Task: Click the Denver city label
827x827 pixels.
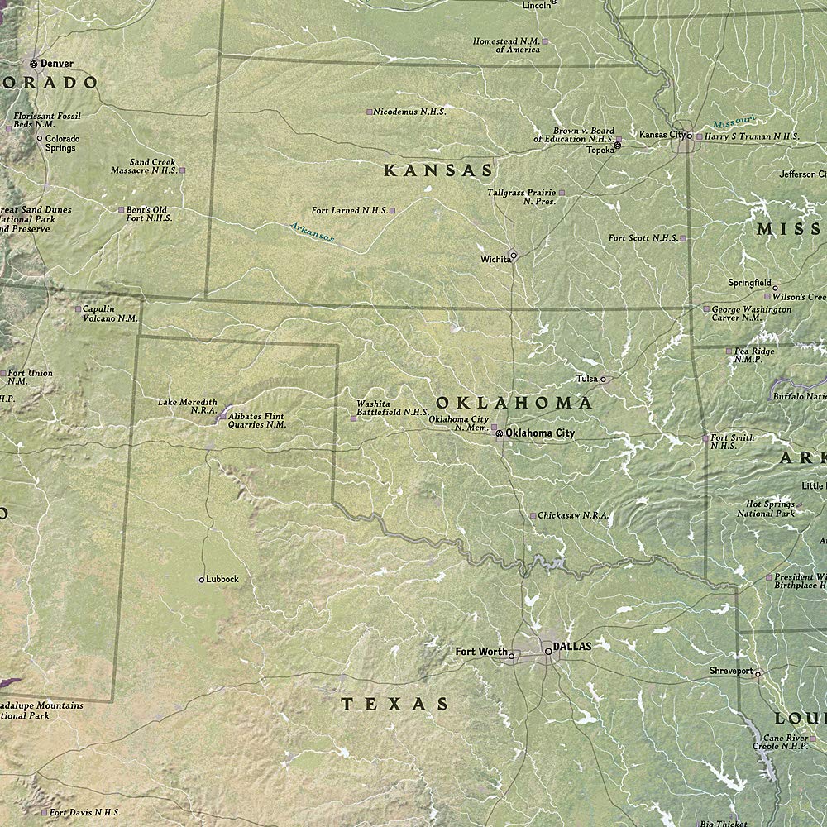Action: tap(57, 63)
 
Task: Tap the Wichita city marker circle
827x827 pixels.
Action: tap(513, 256)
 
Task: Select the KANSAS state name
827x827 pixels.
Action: tap(438, 171)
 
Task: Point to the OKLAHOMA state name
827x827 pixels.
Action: tap(514, 403)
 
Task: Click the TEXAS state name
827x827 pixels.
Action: tap(395, 705)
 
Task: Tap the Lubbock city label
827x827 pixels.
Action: tap(222, 579)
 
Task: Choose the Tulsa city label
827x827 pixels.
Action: tap(586, 379)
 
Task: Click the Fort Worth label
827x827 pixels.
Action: tap(481, 652)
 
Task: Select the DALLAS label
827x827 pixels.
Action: tap(572, 647)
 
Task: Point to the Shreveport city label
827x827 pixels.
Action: tap(731, 671)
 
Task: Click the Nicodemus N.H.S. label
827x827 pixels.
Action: tap(409, 111)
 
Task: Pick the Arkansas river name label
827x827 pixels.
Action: tap(312, 232)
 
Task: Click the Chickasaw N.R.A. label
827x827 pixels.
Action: tap(573, 515)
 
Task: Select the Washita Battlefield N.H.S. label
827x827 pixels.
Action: tap(392, 408)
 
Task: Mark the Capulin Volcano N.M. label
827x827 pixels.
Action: tap(110, 313)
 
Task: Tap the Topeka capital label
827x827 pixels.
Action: tap(600, 150)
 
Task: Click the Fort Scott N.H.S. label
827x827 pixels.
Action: tap(643, 238)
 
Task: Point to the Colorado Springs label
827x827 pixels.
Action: tap(62, 143)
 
